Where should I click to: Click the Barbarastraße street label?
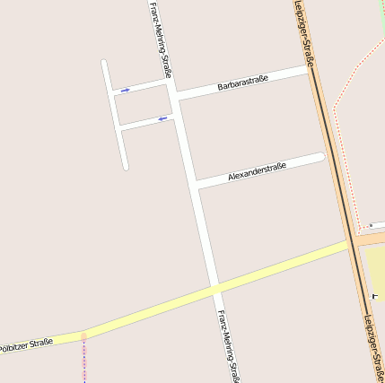(x=243, y=83)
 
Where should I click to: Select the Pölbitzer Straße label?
(x=26, y=344)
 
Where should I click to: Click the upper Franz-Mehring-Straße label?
(x=161, y=40)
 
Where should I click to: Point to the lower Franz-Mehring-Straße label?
(x=228, y=345)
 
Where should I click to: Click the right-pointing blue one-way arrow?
(x=125, y=90)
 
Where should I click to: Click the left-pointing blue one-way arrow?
(x=162, y=118)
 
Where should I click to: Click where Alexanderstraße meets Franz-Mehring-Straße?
(x=195, y=185)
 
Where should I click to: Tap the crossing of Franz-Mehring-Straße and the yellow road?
(x=215, y=288)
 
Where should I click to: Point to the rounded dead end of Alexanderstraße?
(x=319, y=158)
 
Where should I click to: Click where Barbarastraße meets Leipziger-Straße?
(x=310, y=70)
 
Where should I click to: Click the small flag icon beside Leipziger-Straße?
(x=374, y=294)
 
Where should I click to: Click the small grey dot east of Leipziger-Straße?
(x=369, y=226)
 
